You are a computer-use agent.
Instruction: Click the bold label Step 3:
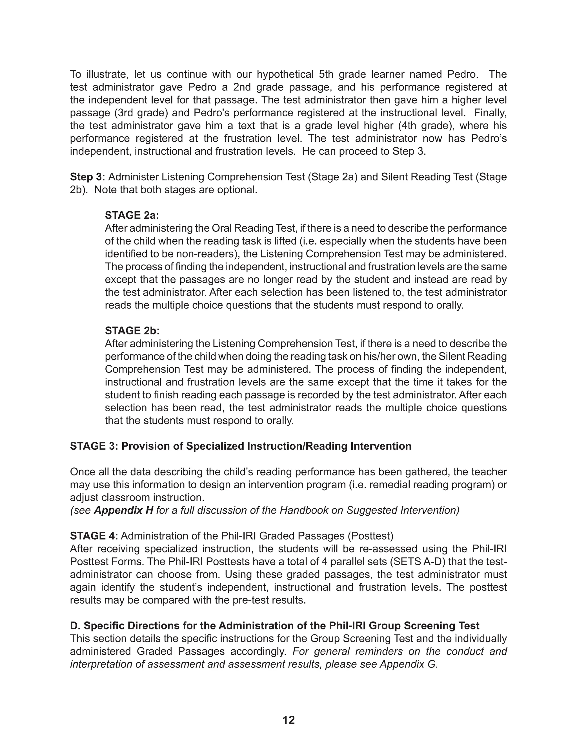pos(87,177)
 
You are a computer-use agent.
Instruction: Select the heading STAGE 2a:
pos(132,215)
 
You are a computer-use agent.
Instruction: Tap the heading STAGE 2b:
pos(132,331)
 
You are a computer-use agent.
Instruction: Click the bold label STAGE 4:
pos(94,536)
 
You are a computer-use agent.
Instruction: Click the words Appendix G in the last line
pos(408,664)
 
